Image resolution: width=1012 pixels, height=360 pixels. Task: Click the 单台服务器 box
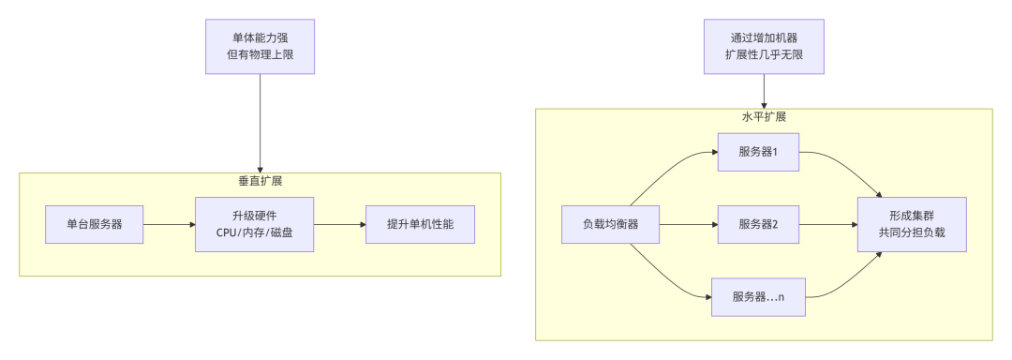94,225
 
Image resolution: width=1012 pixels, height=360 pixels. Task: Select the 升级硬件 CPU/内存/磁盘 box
254,225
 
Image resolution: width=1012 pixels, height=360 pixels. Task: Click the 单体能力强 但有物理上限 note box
260,47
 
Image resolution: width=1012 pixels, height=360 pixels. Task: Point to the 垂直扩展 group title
260,181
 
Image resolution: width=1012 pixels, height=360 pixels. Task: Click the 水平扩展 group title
764,117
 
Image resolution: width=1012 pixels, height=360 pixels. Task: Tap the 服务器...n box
758,297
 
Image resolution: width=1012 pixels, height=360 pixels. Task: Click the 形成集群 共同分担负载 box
912,225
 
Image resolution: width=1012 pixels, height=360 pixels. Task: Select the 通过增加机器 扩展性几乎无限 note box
764,47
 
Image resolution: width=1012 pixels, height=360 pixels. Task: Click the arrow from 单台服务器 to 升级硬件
169,225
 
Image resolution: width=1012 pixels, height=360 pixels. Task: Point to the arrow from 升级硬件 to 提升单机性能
338,225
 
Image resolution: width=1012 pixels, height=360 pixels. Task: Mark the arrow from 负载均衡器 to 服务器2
686,225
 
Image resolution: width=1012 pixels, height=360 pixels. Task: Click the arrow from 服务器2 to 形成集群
829,225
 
